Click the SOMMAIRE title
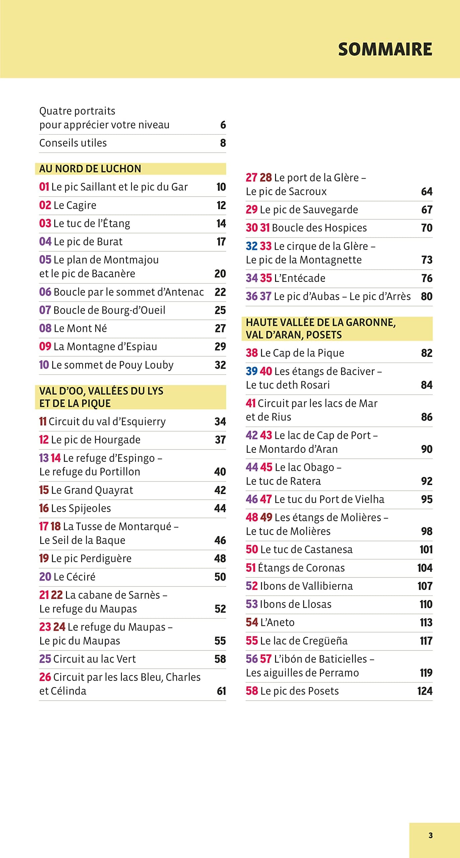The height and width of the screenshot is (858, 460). (x=385, y=49)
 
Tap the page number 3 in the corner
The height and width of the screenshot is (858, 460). (x=431, y=835)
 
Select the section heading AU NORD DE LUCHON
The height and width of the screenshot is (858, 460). (x=90, y=169)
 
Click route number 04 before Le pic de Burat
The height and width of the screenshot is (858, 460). (x=45, y=241)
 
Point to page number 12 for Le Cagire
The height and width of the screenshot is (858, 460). (x=221, y=205)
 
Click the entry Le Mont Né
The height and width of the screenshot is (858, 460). (x=80, y=328)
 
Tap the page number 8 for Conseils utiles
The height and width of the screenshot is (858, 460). (x=223, y=143)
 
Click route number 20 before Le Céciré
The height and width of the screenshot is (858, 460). (x=45, y=576)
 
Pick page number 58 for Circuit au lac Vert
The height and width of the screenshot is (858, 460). (x=220, y=659)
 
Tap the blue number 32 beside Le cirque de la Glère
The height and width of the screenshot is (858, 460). (x=251, y=246)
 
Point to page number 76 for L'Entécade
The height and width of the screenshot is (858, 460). (x=426, y=278)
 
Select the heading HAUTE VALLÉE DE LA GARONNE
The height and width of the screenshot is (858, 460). (x=321, y=322)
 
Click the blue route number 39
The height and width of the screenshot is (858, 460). (x=251, y=371)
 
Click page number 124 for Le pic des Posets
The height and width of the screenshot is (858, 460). (x=424, y=691)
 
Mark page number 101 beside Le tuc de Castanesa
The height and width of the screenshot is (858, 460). (x=426, y=549)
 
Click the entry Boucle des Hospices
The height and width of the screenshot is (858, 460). (x=319, y=228)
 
